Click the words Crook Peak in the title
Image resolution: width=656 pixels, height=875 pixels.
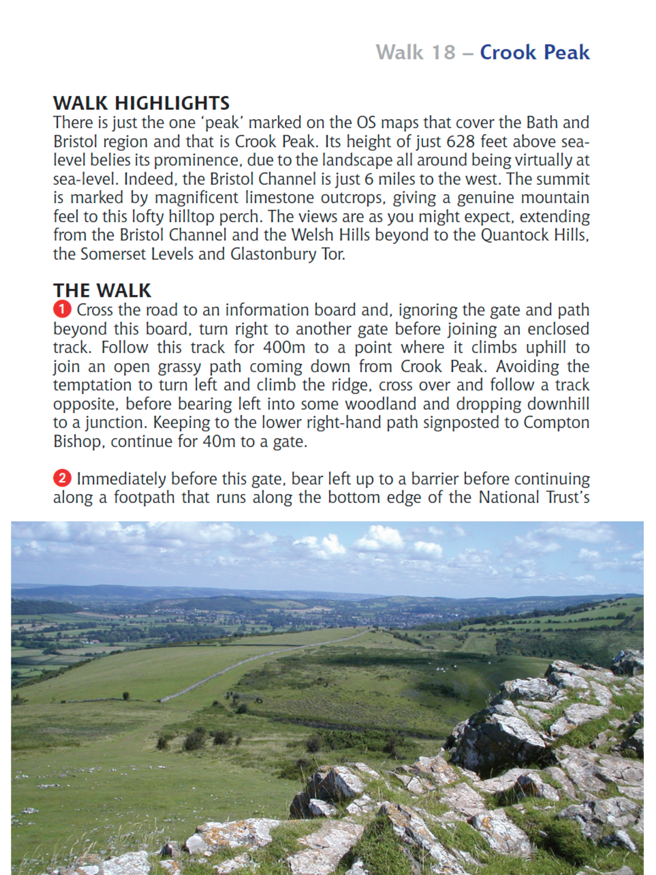click(x=534, y=52)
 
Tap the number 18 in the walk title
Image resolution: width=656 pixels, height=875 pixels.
click(x=443, y=52)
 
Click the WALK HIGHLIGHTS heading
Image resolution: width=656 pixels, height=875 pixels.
click(x=141, y=103)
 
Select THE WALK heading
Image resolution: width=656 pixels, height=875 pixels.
click(x=102, y=290)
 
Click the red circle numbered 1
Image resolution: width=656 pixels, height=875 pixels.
click(x=62, y=309)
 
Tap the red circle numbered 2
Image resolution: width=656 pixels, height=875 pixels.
click(x=62, y=478)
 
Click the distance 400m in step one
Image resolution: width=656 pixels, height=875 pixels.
click(x=284, y=348)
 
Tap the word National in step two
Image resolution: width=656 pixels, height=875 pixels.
click(x=509, y=498)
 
